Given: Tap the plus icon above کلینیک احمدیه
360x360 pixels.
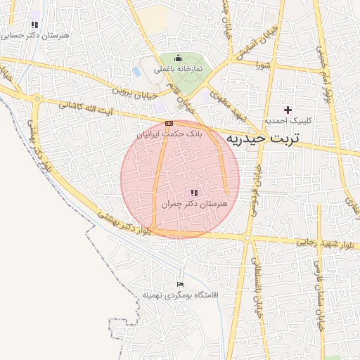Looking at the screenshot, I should point(288,110).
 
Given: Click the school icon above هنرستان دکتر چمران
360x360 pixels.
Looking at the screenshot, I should point(194,193).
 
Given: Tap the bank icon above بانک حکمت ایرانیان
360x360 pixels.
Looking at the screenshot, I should point(168,123).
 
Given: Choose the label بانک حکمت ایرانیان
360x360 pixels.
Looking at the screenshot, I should point(169,133).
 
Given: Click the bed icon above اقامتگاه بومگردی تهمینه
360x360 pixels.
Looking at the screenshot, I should point(180,285).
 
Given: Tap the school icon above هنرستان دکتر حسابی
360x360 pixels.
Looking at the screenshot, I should point(34,25).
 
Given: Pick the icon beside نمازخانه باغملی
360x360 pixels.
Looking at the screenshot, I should point(177,58).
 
